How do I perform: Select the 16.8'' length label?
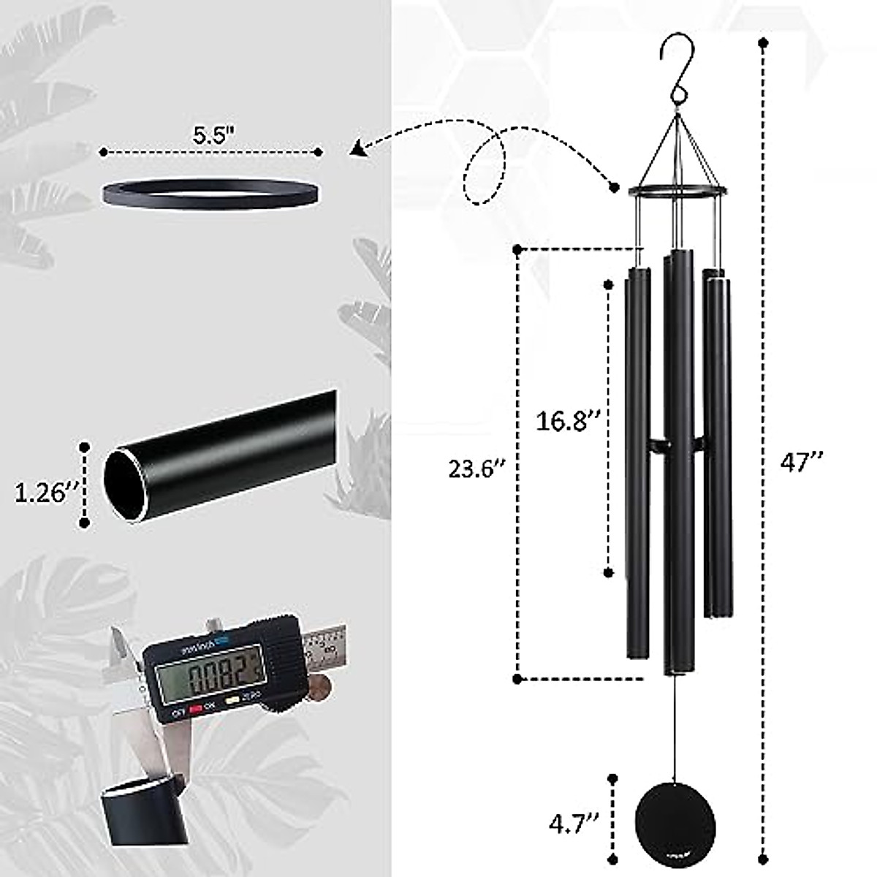[x=569, y=421]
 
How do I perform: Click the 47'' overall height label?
[x=802, y=461]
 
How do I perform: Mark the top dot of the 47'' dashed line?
[x=764, y=43]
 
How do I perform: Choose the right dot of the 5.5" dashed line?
[x=319, y=152]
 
